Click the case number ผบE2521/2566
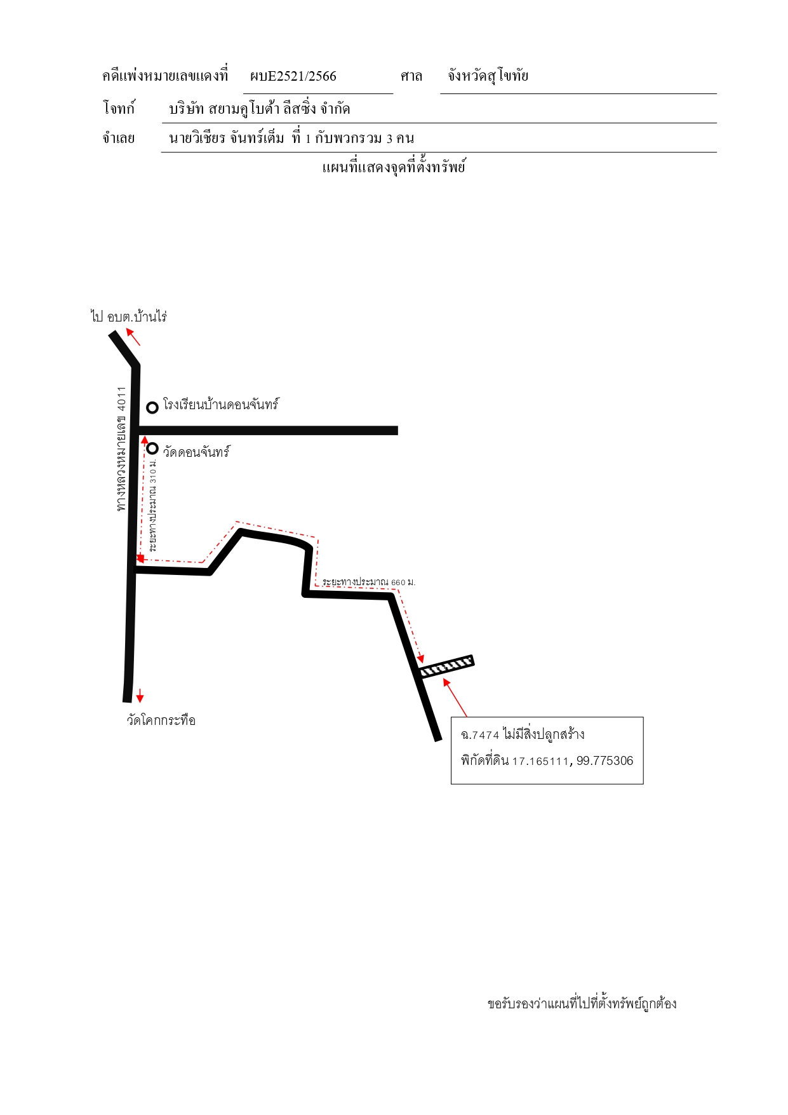pos(293,76)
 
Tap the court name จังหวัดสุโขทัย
pos(488,76)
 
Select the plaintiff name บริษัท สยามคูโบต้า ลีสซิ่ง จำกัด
pos(259,109)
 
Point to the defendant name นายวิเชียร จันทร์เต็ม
pos(227,138)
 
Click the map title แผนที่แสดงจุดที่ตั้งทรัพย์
pos(394,167)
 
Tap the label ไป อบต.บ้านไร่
pos(129,316)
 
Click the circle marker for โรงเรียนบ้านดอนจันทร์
pos(152,407)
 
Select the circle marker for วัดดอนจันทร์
pos(152,449)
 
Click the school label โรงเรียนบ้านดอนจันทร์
pos(221,405)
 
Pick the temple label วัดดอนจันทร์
pos(196,452)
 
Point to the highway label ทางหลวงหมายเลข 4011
pos(121,449)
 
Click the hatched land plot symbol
pos(447,666)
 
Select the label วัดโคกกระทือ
pos(161,720)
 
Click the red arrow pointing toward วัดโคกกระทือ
pos(140,695)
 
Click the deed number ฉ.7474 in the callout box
pos(480,735)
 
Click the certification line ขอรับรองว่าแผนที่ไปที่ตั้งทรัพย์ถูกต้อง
pos(582,1004)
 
